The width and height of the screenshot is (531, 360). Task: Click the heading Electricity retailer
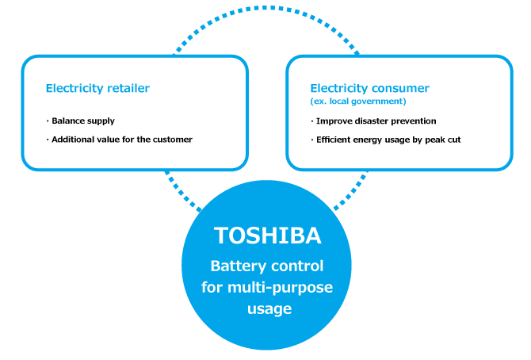click(97, 88)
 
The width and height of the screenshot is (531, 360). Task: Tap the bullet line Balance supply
click(83, 121)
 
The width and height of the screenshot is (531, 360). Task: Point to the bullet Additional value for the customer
click(122, 139)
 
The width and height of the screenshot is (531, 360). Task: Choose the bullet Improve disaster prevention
click(376, 121)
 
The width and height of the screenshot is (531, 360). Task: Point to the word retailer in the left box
click(127, 88)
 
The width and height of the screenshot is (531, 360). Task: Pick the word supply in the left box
click(100, 121)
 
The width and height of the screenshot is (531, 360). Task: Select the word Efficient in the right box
click(334, 139)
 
